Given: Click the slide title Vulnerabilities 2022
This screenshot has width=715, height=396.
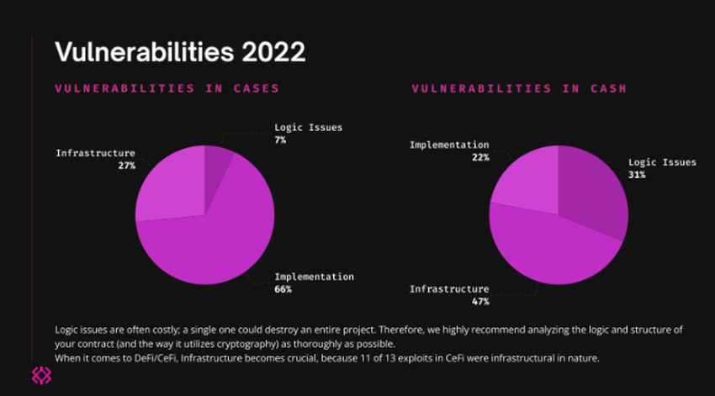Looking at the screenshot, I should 179,51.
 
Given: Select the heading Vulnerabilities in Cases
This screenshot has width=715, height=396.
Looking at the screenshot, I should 167,88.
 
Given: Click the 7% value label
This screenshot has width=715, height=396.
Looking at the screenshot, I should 279,140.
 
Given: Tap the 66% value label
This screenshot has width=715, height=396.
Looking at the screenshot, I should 283,289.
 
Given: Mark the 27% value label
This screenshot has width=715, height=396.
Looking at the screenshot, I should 127,166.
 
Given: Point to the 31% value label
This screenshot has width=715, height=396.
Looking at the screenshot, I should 637,175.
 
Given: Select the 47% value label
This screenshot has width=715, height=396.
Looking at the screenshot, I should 479,301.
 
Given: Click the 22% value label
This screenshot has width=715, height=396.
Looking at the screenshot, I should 479,157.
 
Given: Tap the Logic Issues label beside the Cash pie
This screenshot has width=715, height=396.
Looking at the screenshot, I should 662,162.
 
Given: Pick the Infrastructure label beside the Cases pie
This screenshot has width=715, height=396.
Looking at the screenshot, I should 95,153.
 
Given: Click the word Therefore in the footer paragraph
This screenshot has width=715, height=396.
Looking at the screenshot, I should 395,330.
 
